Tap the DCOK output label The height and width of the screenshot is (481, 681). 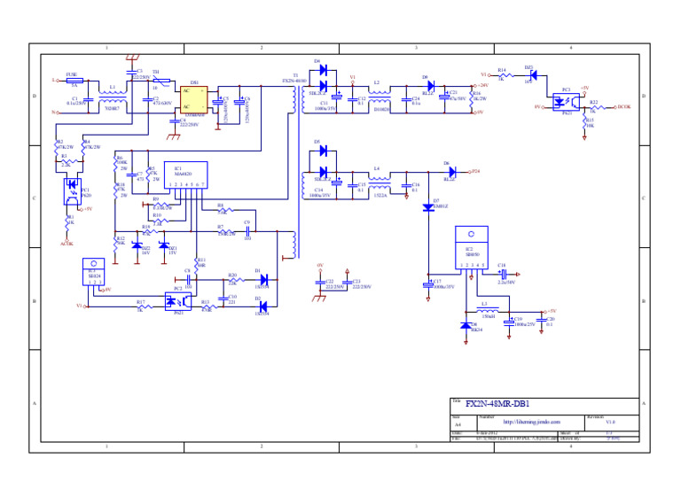pos(624,106)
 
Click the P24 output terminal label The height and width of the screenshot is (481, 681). pos(476,171)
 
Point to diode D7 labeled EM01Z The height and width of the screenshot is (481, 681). pos(428,206)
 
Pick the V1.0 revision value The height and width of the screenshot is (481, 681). pos(610,423)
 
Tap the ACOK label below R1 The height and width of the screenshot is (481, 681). pos(67,242)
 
